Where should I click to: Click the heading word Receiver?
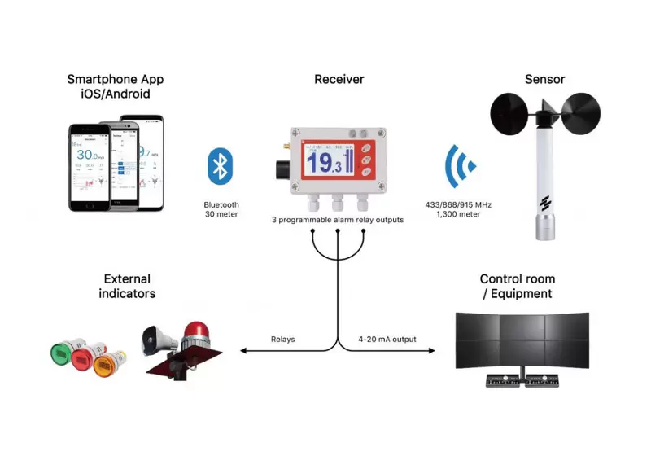coord(339,79)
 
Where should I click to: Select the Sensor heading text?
coord(544,79)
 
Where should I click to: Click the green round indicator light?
coord(63,353)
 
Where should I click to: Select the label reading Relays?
coord(283,339)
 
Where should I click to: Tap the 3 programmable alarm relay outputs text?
coord(338,220)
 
